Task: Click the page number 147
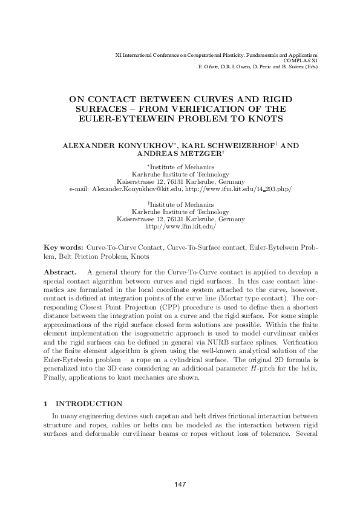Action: tap(180, 484)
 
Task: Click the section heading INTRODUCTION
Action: tap(89, 404)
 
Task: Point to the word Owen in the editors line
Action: tap(240, 66)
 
